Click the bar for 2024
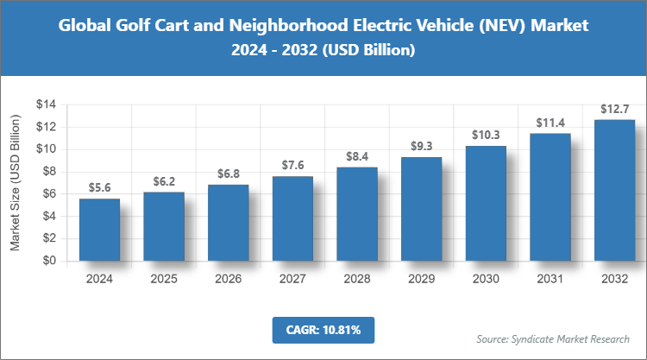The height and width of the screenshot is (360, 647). click(x=99, y=230)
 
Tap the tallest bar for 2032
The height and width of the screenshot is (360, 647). click(x=614, y=190)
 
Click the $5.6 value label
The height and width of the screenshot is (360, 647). click(x=99, y=187)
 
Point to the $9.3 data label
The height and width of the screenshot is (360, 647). click(x=421, y=146)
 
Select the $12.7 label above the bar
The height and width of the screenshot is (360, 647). click(x=614, y=109)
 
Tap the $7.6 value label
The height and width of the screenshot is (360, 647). click(x=292, y=165)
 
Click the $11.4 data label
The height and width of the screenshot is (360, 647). click(x=550, y=123)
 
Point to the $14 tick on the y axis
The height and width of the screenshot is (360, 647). click(x=46, y=104)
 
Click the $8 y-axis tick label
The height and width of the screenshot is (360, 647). click(x=49, y=172)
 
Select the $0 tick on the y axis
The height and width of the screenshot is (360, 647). click(x=49, y=261)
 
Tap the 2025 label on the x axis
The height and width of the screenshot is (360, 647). click(x=164, y=280)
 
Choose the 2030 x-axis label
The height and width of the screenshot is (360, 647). click(x=486, y=280)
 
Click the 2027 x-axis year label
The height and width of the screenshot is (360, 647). click(x=292, y=280)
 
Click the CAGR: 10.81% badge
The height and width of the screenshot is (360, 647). click(x=323, y=330)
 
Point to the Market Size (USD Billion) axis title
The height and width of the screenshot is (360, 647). click(x=16, y=182)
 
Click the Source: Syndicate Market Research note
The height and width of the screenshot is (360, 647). click(x=553, y=338)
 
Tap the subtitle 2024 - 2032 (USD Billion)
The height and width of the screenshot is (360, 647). click(x=323, y=51)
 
